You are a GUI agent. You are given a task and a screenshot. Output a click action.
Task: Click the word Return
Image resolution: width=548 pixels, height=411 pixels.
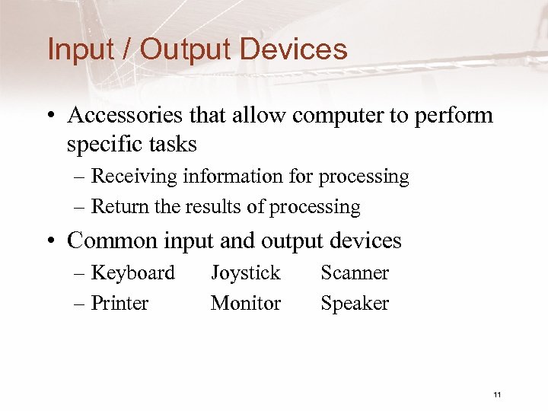117,207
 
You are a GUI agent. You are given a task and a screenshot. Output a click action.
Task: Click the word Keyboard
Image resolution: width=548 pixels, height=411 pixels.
132,272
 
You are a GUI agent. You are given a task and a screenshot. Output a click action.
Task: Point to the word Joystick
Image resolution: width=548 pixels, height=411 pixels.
245,272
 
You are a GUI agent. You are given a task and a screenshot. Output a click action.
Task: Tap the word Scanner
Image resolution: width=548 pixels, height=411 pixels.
355,272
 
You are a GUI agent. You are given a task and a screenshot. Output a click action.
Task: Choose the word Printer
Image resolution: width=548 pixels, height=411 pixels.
119,303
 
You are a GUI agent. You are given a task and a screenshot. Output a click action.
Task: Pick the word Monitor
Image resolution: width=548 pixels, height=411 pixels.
246,303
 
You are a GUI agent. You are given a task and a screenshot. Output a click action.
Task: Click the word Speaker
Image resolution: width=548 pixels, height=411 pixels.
355,304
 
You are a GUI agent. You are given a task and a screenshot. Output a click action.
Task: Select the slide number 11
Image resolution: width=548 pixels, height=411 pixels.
497,394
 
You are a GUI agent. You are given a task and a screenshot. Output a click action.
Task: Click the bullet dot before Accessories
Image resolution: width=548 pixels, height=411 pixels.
49,116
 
